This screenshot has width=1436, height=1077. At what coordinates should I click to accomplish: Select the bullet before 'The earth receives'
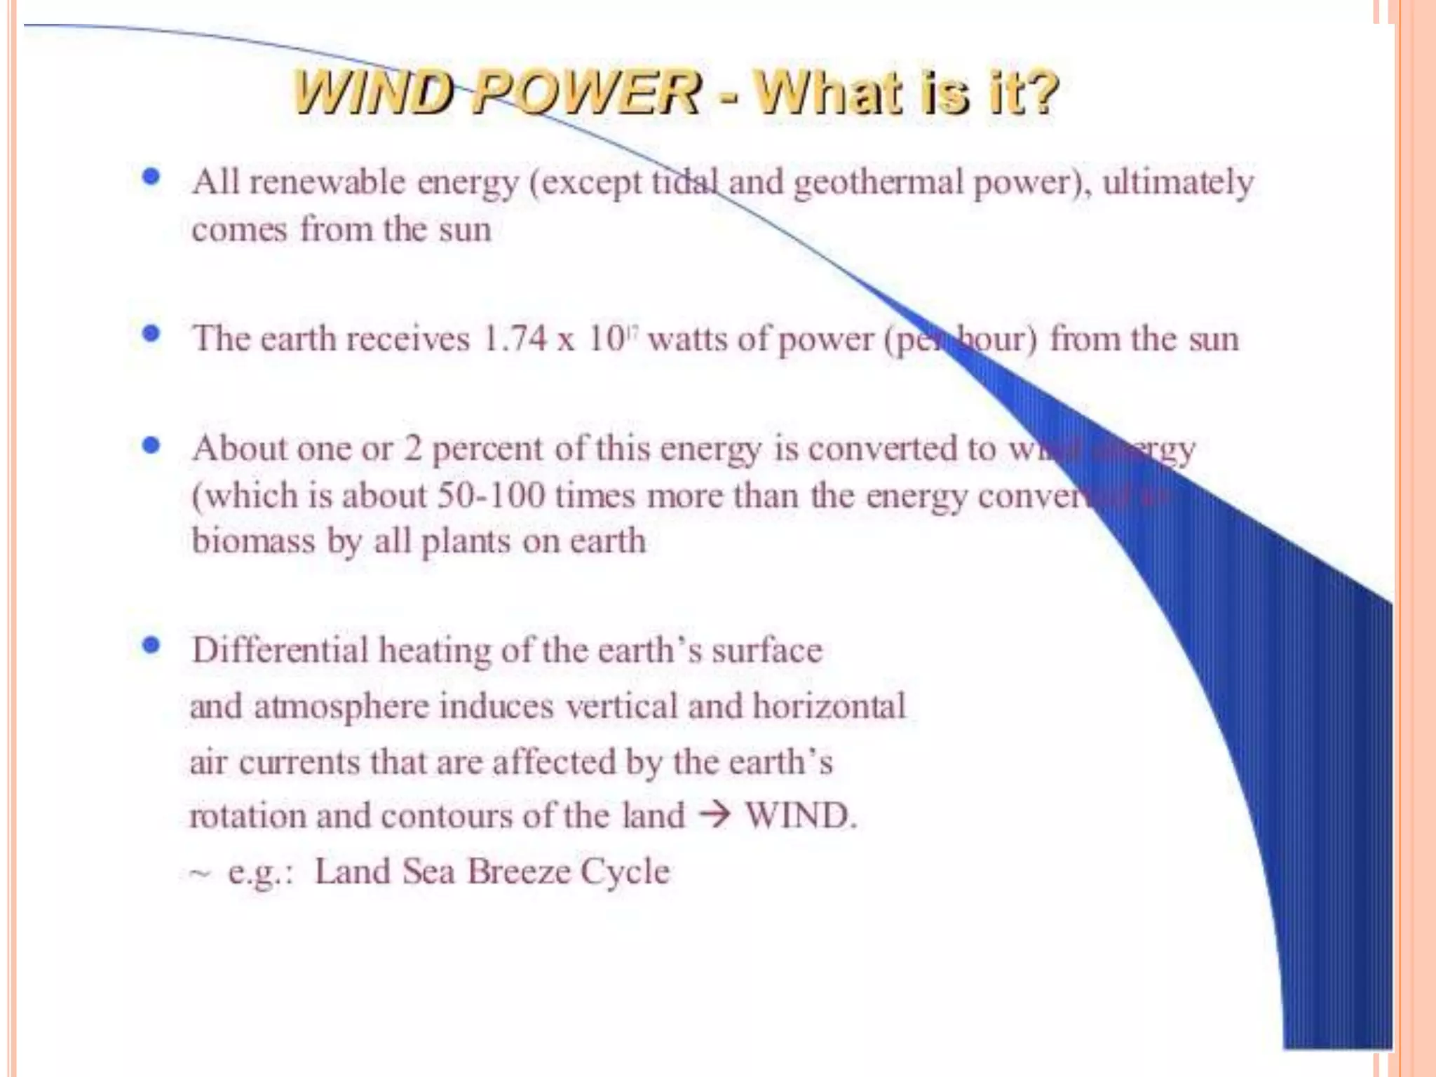click(x=151, y=334)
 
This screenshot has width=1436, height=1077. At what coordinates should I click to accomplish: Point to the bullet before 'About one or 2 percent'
click(x=151, y=445)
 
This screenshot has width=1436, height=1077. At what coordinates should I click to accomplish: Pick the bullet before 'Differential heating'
click(x=151, y=645)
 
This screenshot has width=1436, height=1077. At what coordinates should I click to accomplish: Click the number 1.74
click(x=515, y=339)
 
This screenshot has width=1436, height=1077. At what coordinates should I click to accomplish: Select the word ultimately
click(x=1177, y=183)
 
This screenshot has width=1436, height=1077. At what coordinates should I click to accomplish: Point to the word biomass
click(x=252, y=541)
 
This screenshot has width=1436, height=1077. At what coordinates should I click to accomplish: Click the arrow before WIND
click(x=714, y=815)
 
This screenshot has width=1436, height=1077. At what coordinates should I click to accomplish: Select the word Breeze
click(x=519, y=872)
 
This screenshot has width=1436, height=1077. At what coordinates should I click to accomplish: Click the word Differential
click(x=280, y=650)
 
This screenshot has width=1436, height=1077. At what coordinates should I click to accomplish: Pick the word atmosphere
click(x=341, y=706)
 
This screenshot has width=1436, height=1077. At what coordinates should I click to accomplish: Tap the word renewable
click(x=327, y=182)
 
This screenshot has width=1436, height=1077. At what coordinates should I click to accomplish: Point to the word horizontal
click(x=829, y=705)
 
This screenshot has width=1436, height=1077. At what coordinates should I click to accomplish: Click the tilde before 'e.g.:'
click(x=199, y=874)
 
